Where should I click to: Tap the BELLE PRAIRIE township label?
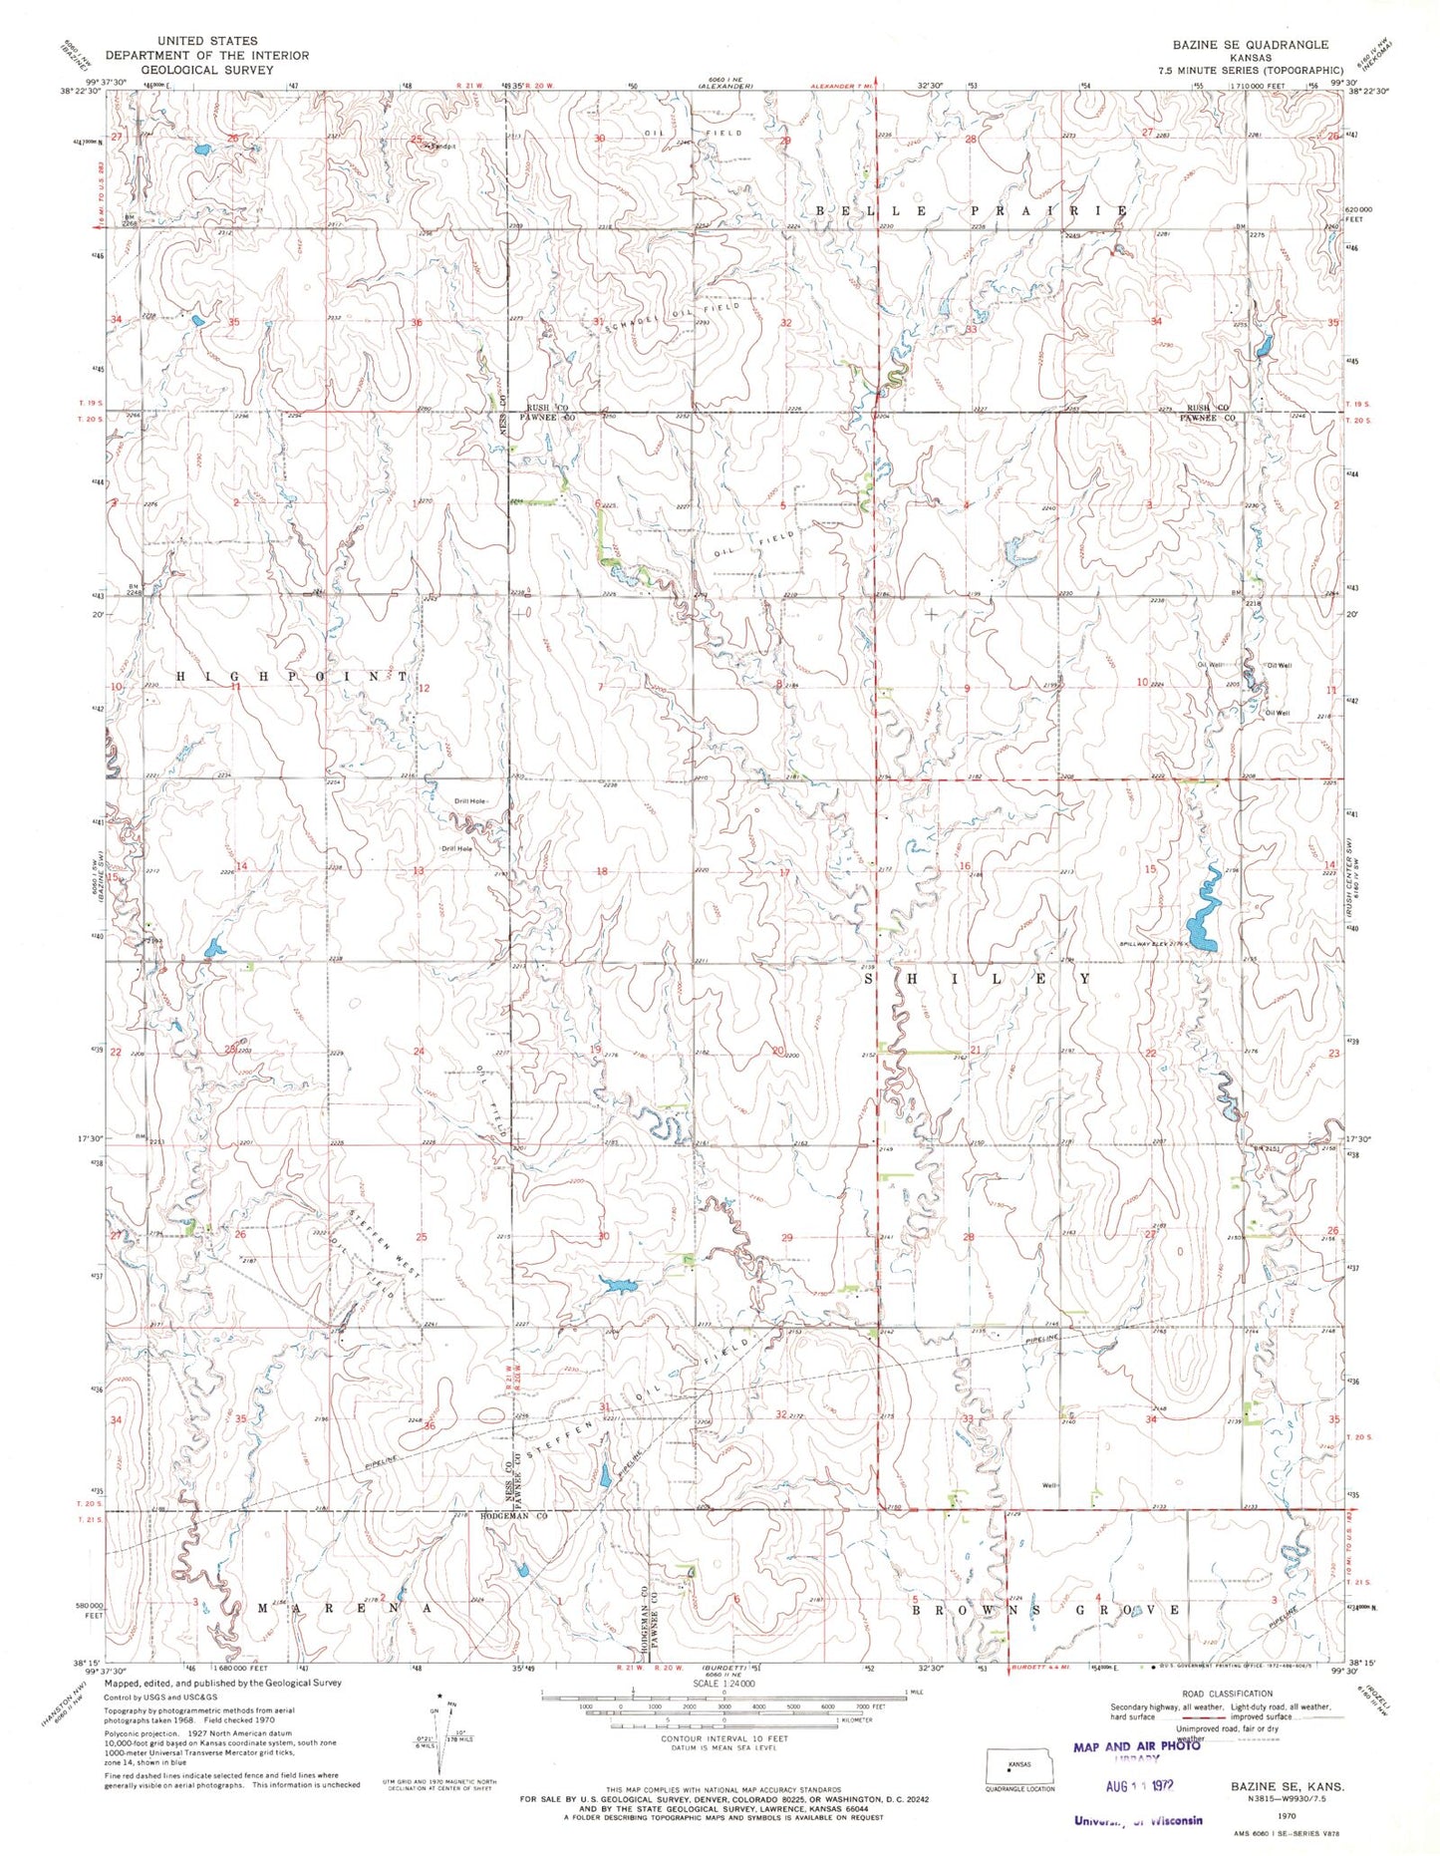click(x=972, y=211)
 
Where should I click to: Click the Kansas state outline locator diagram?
click(x=1019, y=1765)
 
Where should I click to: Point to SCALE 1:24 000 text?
click(x=723, y=1684)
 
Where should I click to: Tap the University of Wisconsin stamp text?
click(x=1137, y=1819)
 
